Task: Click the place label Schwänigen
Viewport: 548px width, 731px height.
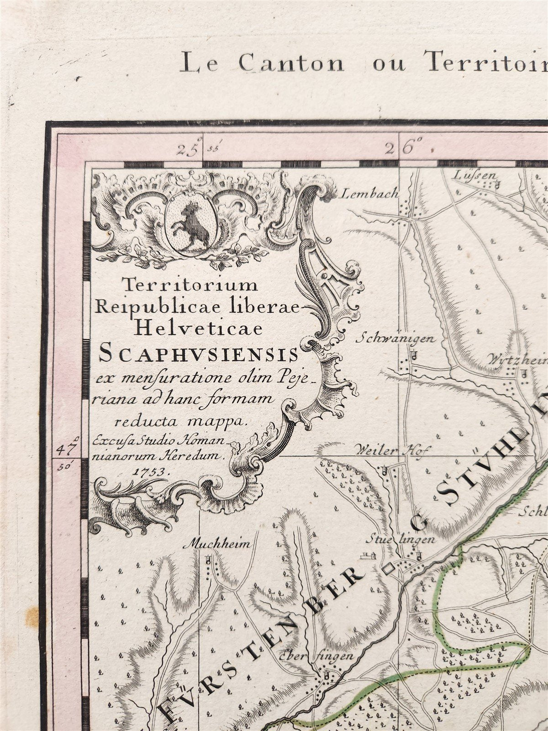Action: pyautogui.click(x=396, y=339)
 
